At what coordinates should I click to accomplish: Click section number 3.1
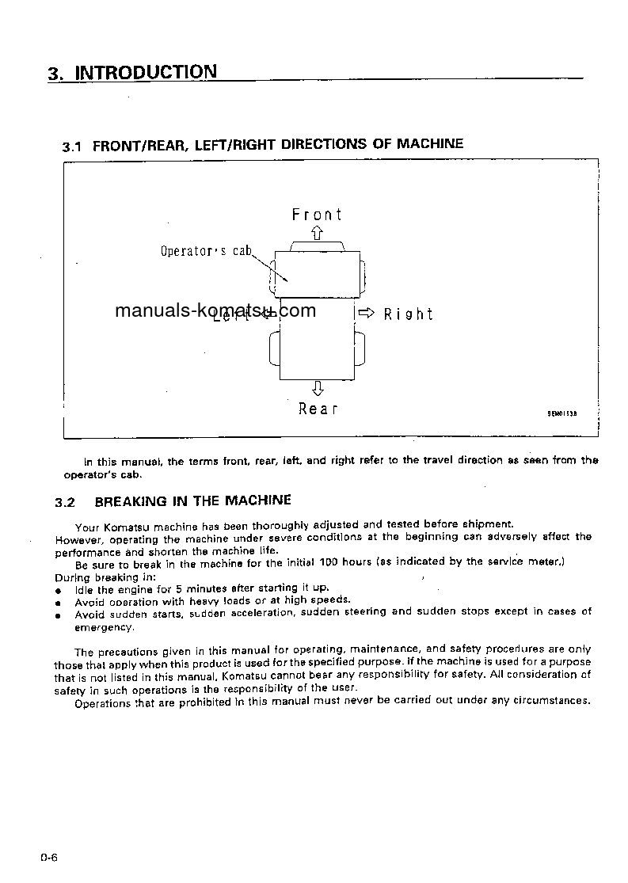[x=72, y=147]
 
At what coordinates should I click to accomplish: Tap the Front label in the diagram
[x=317, y=215]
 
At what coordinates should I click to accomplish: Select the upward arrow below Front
[x=317, y=233]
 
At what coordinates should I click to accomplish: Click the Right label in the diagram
[x=409, y=314]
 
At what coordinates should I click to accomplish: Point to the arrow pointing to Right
[x=366, y=313]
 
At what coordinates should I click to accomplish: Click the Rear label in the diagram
[x=318, y=409]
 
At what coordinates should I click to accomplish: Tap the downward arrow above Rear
[x=318, y=388]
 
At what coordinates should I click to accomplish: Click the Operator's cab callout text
[x=206, y=252]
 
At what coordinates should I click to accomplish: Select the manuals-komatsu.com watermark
[x=215, y=310]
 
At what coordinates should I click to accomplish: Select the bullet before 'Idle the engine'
[x=58, y=591]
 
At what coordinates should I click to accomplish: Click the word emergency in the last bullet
[x=104, y=626]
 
